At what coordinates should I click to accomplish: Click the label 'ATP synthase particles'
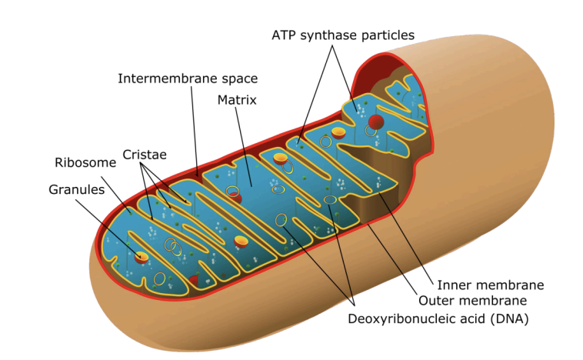pos(343,35)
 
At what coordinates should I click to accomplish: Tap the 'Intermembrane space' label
pos(188,78)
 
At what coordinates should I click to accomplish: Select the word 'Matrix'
pos(237,100)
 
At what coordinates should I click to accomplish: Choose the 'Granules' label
pos(76,189)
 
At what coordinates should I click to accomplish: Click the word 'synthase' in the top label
pos(332,35)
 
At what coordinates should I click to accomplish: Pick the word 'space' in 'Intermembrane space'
pos(238,78)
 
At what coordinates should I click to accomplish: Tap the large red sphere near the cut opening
pos(376,121)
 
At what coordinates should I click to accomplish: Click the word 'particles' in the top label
pos(388,35)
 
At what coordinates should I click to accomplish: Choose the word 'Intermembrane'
pos(164,78)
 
